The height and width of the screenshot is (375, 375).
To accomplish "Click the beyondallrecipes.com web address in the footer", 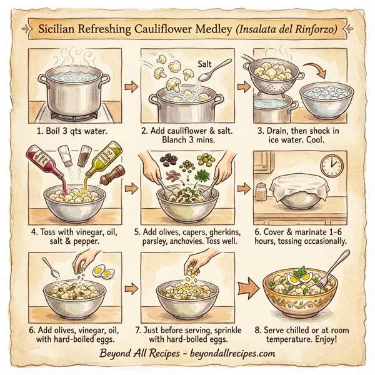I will [x=227, y=353].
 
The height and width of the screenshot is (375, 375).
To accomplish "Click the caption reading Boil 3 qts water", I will [x=68, y=132].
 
